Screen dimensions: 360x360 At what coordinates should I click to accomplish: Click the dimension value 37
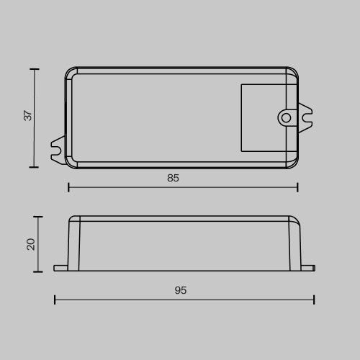[x=28, y=116]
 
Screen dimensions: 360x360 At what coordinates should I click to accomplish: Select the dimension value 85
[x=173, y=178]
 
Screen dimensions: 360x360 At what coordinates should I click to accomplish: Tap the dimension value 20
[x=31, y=244]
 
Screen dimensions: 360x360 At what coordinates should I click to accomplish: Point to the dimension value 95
[x=181, y=290]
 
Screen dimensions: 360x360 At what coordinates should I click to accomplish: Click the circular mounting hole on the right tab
[x=286, y=117]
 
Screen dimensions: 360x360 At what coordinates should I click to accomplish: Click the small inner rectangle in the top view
[x=268, y=117]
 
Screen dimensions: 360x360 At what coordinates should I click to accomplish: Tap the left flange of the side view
[x=60, y=268]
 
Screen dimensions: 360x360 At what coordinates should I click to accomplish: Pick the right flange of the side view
[x=307, y=268]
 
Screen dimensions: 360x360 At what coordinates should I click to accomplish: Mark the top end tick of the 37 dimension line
[x=34, y=69]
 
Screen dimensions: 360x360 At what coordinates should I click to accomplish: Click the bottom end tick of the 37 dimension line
[x=34, y=167]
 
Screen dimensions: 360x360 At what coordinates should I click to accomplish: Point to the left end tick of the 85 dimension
[x=68, y=187]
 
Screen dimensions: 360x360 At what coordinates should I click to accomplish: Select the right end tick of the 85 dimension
[x=297, y=187]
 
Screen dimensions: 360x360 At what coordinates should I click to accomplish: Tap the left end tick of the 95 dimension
[x=55, y=300]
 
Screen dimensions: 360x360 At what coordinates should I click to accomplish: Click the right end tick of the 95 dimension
[x=314, y=300]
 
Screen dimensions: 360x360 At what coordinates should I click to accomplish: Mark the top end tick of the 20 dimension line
[x=38, y=216]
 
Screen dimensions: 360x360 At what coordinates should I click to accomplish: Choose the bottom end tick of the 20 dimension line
[x=38, y=271]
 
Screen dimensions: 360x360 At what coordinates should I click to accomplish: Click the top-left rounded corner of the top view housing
[x=69, y=72]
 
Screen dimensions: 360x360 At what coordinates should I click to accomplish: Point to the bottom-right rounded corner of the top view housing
[x=294, y=164]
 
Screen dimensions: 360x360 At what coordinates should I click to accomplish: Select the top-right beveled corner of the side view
[x=295, y=220]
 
